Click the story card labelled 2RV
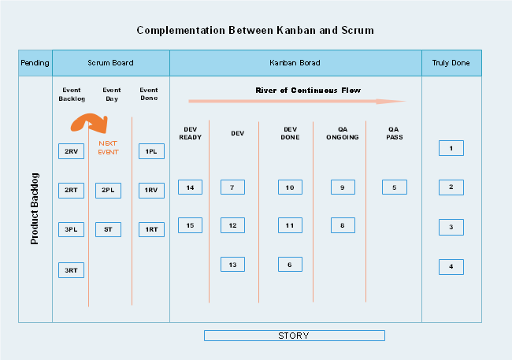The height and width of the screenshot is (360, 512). coord(71,151)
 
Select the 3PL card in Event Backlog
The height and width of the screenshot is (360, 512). coord(71,230)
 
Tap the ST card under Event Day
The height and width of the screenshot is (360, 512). coord(108,230)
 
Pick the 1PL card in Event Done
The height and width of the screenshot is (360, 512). coord(150,151)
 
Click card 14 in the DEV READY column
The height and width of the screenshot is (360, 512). coord(190,187)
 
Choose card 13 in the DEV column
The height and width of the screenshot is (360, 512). coord(232,265)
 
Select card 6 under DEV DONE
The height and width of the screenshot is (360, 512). coord(290,265)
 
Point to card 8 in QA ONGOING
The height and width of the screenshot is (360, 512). coord(343,225)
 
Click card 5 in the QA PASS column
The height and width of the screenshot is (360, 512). coord(394,187)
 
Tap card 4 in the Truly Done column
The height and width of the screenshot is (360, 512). coord(451,266)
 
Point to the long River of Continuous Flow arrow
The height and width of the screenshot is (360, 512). coord(296,102)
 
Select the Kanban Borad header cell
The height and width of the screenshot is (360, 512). coord(295,63)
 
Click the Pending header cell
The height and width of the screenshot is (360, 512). coord(35,63)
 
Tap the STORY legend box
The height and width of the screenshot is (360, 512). coord(294,336)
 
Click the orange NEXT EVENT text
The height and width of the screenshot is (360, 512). coord(108,147)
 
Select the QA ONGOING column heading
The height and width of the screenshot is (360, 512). coord(343,132)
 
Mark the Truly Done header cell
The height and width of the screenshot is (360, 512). coord(451,63)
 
